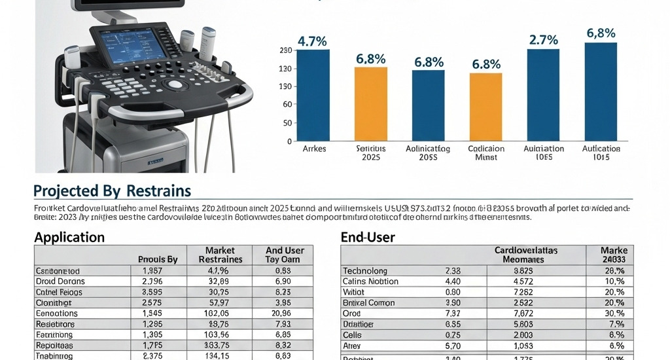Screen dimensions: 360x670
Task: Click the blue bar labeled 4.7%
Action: (x=313, y=95)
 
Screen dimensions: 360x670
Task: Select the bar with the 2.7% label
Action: (x=543, y=95)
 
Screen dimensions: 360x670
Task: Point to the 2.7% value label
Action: (x=543, y=40)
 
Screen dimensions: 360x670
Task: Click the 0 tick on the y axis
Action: (x=289, y=141)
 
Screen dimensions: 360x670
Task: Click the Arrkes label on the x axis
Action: (x=314, y=149)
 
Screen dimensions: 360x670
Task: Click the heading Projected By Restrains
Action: (x=112, y=190)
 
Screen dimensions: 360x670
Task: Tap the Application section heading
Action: (x=69, y=237)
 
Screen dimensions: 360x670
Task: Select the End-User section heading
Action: (x=368, y=237)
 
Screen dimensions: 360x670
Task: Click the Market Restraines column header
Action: (x=220, y=255)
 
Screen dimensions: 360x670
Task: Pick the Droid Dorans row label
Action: (x=60, y=281)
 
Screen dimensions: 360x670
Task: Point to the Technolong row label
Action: (x=365, y=270)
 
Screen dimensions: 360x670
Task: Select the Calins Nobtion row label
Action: (x=370, y=281)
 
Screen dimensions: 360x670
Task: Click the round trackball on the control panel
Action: (x=175, y=85)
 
